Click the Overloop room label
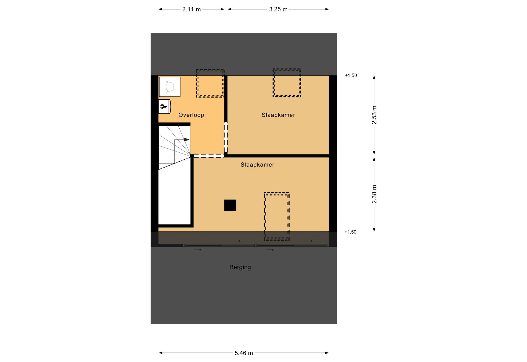tap(191, 115)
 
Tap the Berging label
tap(240, 267)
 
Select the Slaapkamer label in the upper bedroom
tap(278, 115)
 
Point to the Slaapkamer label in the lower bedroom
tap(257, 165)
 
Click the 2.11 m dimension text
tap(191, 10)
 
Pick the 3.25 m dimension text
tap(278, 10)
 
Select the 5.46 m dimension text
tap(244, 353)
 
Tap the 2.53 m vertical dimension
tap(374, 115)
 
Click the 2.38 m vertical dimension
tap(374, 194)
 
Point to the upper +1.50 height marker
tap(351, 76)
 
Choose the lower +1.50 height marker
tap(350, 232)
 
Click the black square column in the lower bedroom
tap(230, 205)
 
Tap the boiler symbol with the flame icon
tap(164, 106)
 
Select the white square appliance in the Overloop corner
tap(170, 87)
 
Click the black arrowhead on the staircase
tap(187, 139)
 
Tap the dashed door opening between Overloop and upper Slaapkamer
tap(226, 137)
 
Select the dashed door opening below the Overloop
tap(209, 156)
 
